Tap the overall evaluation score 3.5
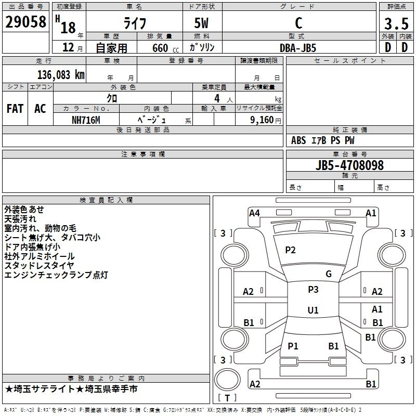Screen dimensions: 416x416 pyautogui.click(x=396, y=23)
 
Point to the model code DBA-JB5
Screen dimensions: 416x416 pyautogui.click(x=297, y=47)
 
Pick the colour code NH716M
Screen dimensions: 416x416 pyautogui.click(x=85, y=120)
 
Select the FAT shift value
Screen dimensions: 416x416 pyautogui.click(x=15, y=109)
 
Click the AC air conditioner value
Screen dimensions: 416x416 pyautogui.click(x=40, y=109)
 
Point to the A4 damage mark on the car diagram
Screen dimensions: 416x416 pyautogui.click(x=254, y=213)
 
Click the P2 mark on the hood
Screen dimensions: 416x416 pyautogui.click(x=290, y=250)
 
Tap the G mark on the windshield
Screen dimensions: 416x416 pyautogui.click(x=329, y=274)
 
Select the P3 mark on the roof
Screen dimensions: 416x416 pyautogui.click(x=313, y=290)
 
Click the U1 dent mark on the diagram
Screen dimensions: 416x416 pyautogui.click(x=313, y=310)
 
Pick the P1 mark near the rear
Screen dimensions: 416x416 pyautogui.click(x=293, y=346)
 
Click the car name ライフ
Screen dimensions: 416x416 pyautogui.click(x=134, y=23)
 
